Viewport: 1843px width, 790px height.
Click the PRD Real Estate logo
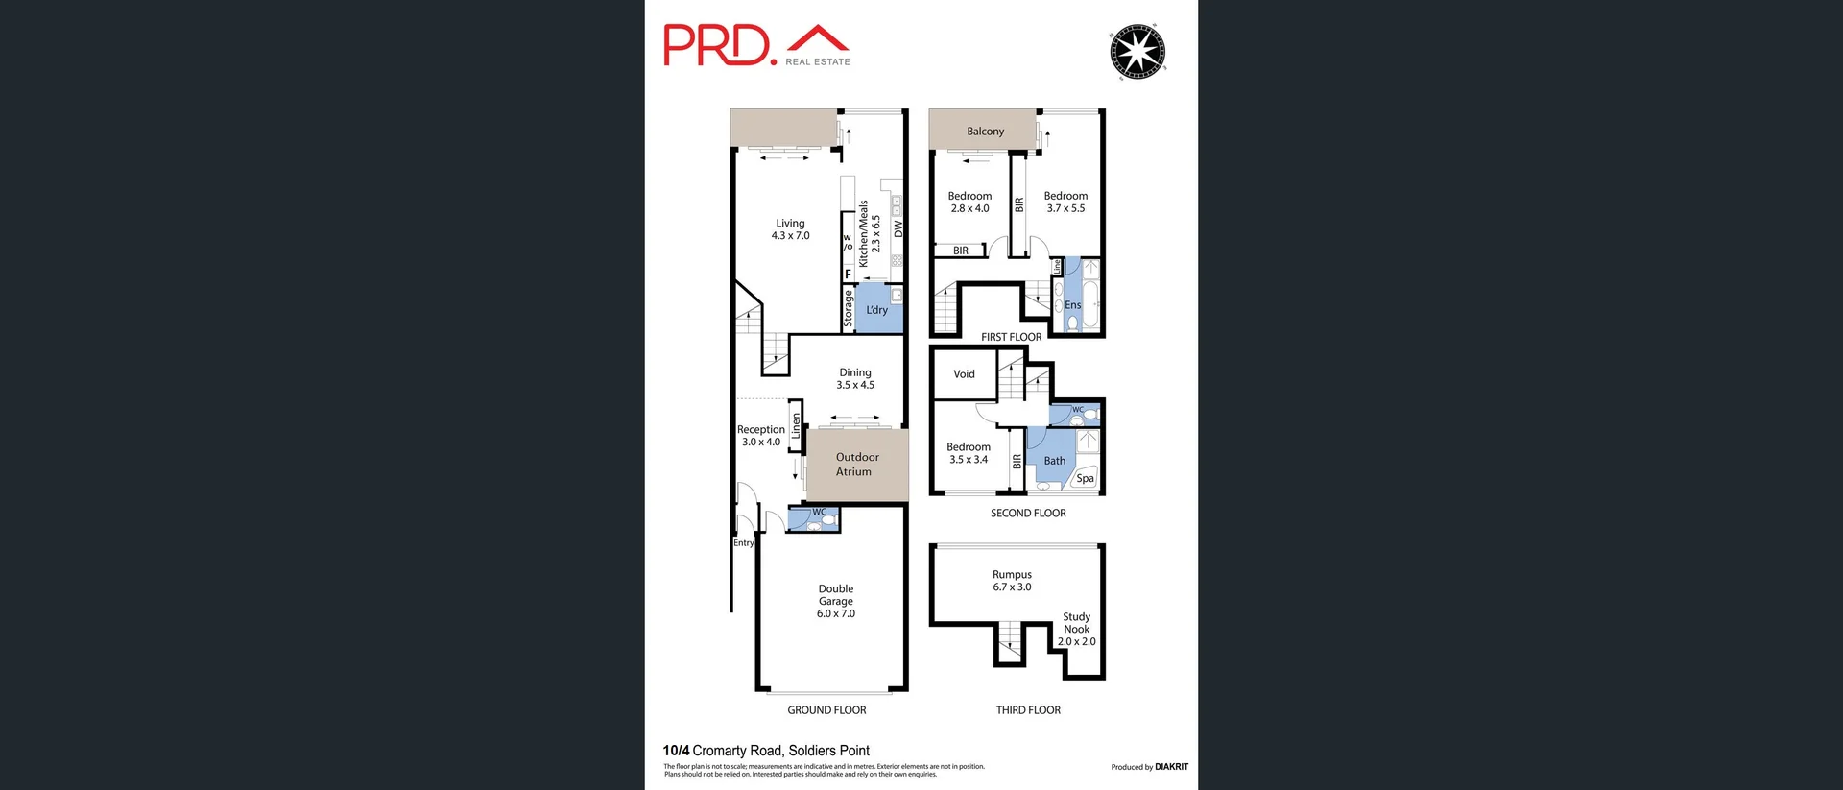[x=755, y=45]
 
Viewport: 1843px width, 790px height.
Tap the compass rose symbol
[x=1137, y=50]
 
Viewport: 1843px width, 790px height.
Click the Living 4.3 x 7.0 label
[x=790, y=229]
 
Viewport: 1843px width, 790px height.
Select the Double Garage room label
[x=835, y=601]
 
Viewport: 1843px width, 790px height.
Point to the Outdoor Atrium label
[x=856, y=465]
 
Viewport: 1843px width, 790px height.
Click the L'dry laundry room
[x=876, y=310]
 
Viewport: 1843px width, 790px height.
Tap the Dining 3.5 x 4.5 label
[x=854, y=378]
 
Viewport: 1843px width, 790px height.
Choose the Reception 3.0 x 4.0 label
[x=760, y=436]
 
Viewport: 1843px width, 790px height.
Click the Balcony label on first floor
[x=985, y=132]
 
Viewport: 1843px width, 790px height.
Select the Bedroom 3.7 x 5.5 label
[x=1065, y=202]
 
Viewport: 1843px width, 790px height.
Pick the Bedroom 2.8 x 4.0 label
[x=969, y=202]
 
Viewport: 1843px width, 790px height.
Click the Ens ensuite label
[x=1073, y=305]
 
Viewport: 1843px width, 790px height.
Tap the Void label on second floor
[x=964, y=374]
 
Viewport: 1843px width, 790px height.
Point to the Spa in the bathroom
[x=1085, y=478]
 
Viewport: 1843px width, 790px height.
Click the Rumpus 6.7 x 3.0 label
[x=1012, y=581]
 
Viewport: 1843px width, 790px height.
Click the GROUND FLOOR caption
[x=826, y=710]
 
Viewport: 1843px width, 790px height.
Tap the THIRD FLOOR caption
[x=1028, y=710]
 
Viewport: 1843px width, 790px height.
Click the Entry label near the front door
[x=744, y=543]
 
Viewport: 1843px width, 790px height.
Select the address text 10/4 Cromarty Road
[x=766, y=751]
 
